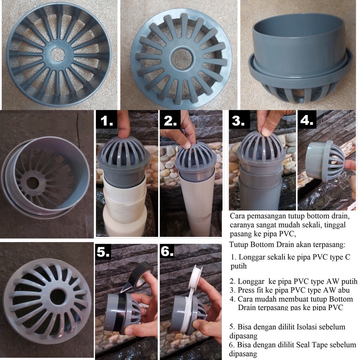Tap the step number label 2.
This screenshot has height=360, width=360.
[x=171, y=121]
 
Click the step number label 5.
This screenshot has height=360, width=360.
[x=103, y=252]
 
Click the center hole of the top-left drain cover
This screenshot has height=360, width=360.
[x=58, y=55]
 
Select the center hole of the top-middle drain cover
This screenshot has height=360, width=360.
[x=181, y=58]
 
